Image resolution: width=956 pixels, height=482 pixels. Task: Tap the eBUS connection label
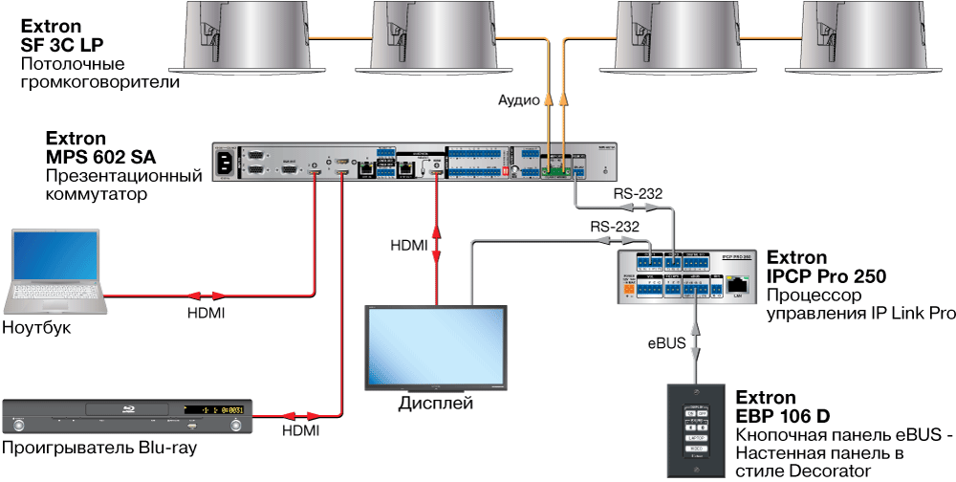pyautogui.click(x=667, y=343)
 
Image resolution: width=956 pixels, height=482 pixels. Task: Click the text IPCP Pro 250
pyautogui.click(x=827, y=275)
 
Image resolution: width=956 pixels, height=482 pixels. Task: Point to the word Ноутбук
pyautogui.click(x=37, y=328)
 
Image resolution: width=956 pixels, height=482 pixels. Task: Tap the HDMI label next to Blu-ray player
pyautogui.click(x=299, y=431)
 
